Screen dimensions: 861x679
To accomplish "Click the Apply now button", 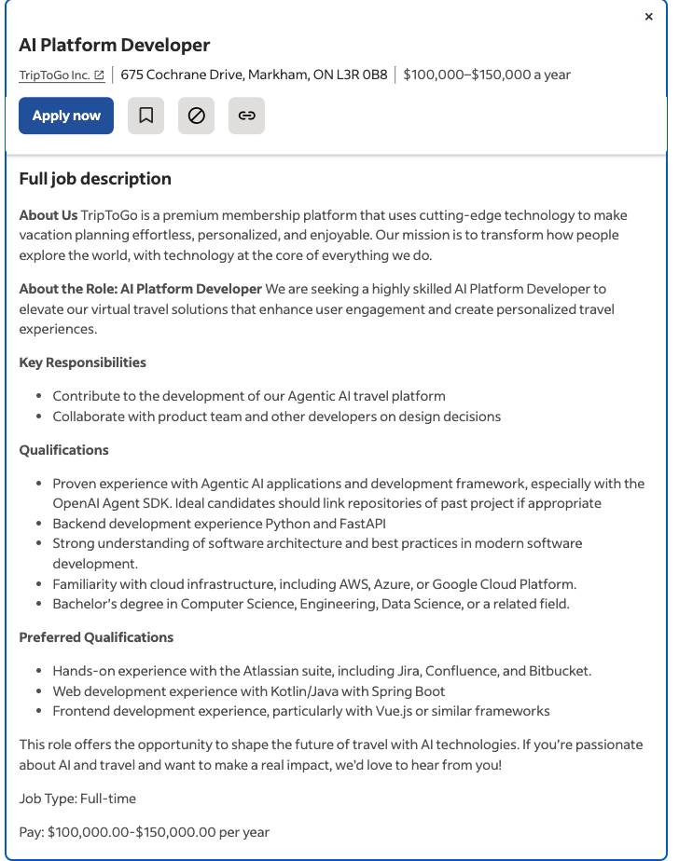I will click(66, 116).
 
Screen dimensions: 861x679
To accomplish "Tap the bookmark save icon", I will click(146, 116).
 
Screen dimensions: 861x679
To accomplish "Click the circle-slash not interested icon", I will click(196, 116).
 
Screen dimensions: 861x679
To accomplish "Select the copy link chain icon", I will click(246, 116).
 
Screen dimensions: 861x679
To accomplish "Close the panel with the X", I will click(649, 17).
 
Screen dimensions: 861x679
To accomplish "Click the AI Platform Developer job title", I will click(114, 45).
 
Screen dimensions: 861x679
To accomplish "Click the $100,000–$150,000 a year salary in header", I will click(487, 75).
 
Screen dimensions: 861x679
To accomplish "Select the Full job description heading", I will click(95, 179).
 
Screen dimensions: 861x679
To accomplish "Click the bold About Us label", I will click(48, 215).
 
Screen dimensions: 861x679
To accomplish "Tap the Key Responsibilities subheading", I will click(82, 362).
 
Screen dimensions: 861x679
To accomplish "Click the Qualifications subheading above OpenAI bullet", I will click(63, 450).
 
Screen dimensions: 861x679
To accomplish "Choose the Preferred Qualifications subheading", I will click(96, 637).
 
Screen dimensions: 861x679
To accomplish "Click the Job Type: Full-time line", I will click(77, 799).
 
